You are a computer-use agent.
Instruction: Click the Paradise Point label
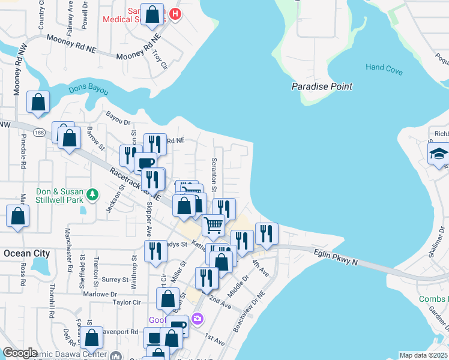(x=322, y=86)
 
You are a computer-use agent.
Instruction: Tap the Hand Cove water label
(x=384, y=68)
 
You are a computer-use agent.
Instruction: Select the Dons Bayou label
(x=88, y=90)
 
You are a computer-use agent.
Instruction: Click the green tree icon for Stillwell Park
(x=92, y=194)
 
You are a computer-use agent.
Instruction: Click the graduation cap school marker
(x=438, y=154)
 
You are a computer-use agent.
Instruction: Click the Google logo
(x=20, y=353)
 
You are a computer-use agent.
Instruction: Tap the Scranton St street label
(x=214, y=172)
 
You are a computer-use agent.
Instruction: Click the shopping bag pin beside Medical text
(x=153, y=16)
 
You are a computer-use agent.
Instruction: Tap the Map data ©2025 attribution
(x=423, y=355)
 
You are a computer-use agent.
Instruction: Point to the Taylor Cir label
(x=126, y=304)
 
